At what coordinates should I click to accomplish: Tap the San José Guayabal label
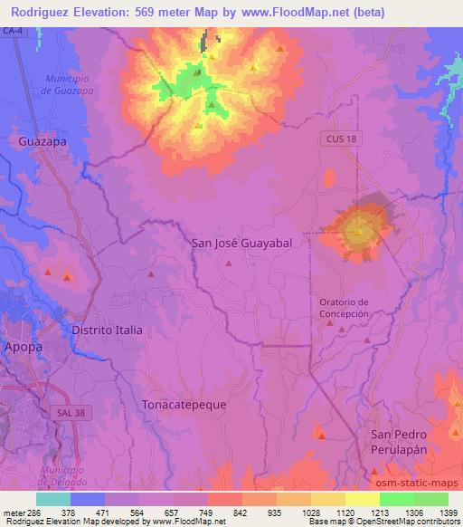coord(245,243)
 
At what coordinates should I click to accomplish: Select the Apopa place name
coord(22,346)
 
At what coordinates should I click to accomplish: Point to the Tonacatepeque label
coord(184,405)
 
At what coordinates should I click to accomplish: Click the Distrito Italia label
coord(107,331)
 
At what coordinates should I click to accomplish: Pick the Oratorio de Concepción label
coord(345,308)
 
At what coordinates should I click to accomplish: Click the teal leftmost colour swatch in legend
coord(53,499)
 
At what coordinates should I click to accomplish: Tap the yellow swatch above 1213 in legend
coord(362,499)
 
